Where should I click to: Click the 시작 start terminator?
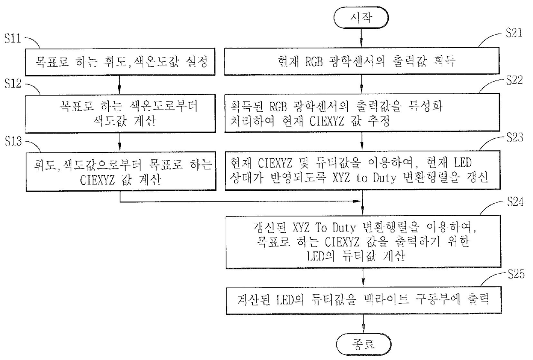(x=361, y=18)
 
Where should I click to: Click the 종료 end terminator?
(x=364, y=344)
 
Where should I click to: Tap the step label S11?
(x=13, y=38)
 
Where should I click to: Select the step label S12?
(x=13, y=83)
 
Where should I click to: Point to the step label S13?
(x=13, y=141)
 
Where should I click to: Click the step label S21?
(x=514, y=33)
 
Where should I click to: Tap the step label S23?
(x=515, y=137)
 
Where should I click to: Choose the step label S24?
(x=515, y=201)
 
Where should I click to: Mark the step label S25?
(x=516, y=274)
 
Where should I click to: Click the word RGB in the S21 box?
(x=314, y=61)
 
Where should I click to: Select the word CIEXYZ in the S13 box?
(x=97, y=180)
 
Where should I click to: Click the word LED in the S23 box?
(x=463, y=163)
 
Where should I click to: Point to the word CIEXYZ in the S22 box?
(x=327, y=121)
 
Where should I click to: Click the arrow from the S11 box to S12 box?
(x=119, y=85)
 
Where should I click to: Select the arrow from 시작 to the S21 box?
(x=361, y=38)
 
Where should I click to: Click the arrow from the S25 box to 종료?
(x=364, y=323)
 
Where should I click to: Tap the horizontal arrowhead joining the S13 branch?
(x=357, y=201)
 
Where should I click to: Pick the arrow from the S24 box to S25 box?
(x=363, y=277)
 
